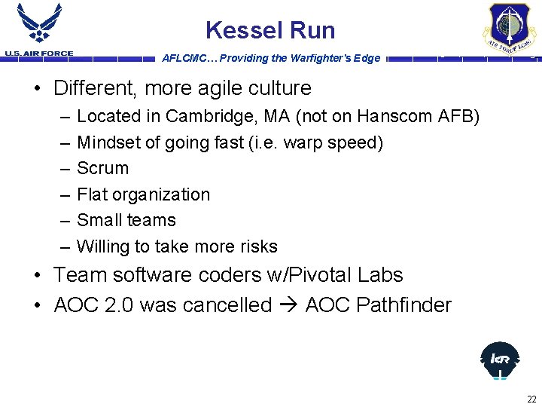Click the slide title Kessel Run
click(x=270, y=30)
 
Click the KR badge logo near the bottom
click(x=499, y=360)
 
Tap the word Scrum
click(x=103, y=168)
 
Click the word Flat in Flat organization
click(x=93, y=194)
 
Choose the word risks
click(x=256, y=246)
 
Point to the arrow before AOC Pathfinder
click(x=288, y=305)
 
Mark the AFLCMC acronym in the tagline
click(x=184, y=58)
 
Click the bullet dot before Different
click(x=37, y=89)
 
